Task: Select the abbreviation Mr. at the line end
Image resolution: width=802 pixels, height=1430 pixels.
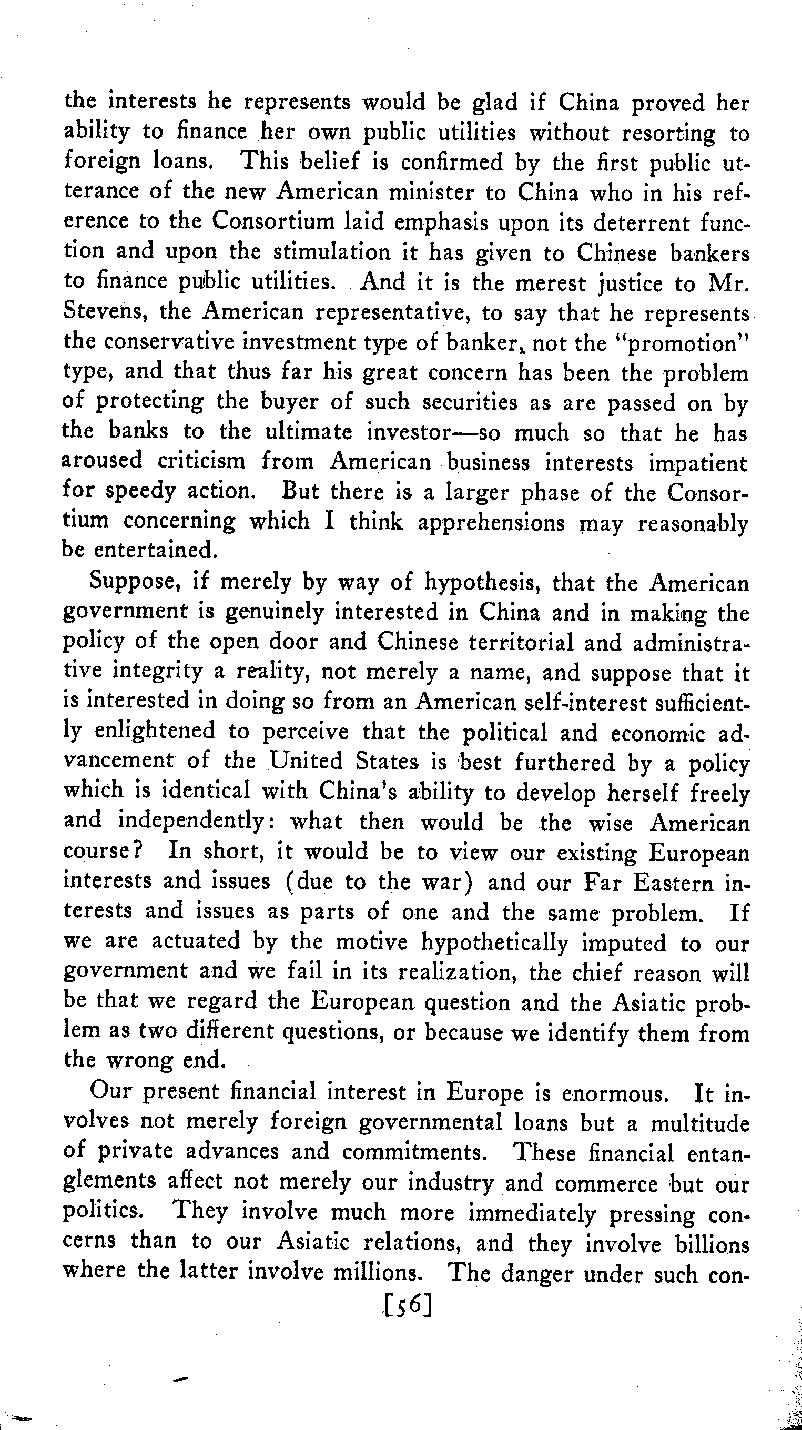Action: (x=729, y=283)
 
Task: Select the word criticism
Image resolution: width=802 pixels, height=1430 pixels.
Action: (x=201, y=461)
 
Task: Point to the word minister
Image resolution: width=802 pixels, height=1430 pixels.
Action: (x=433, y=192)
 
